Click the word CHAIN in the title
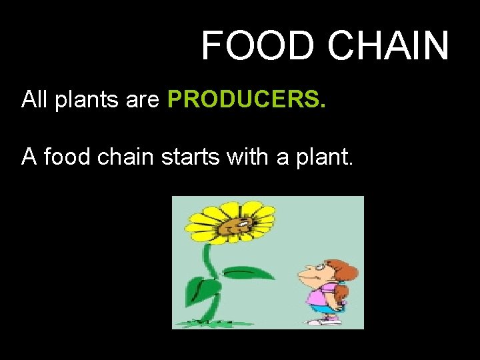pyautogui.click(x=388, y=46)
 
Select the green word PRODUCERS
pyautogui.click(x=247, y=100)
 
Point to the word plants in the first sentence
pyautogui.click(x=83, y=101)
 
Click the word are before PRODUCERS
pyautogui.click(x=141, y=101)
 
